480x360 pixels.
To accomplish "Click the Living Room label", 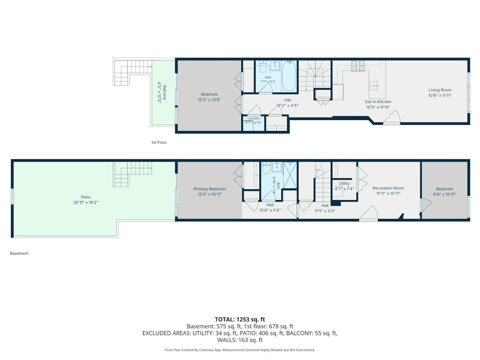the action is point(440,90).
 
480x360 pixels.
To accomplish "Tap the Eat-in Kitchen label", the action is point(378,102).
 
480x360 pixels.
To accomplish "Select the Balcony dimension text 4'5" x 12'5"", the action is point(160,92).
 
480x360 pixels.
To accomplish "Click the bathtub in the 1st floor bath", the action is point(289,76).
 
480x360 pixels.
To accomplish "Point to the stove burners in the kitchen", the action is point(358,66).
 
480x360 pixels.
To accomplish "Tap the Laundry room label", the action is point(253,118).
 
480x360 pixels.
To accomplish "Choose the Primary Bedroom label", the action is point(210,189).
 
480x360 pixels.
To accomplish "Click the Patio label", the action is point(86,197).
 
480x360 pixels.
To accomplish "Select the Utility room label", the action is point(344,183).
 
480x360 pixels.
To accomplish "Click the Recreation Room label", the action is point(388,188).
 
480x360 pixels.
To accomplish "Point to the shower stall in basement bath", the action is point(290,175).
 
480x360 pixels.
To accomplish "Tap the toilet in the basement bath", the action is point(266,168).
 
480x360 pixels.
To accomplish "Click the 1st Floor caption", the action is point(159,142).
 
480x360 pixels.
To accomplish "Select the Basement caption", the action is point(19,253).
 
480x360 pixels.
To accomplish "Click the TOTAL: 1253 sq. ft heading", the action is point(240,319).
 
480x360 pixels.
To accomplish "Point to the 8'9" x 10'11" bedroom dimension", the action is point(444,194).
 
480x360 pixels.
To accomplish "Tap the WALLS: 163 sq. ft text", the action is point(240,340).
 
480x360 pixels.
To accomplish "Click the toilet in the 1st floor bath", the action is point(263,67).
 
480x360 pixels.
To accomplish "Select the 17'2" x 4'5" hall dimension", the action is point(287,106).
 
